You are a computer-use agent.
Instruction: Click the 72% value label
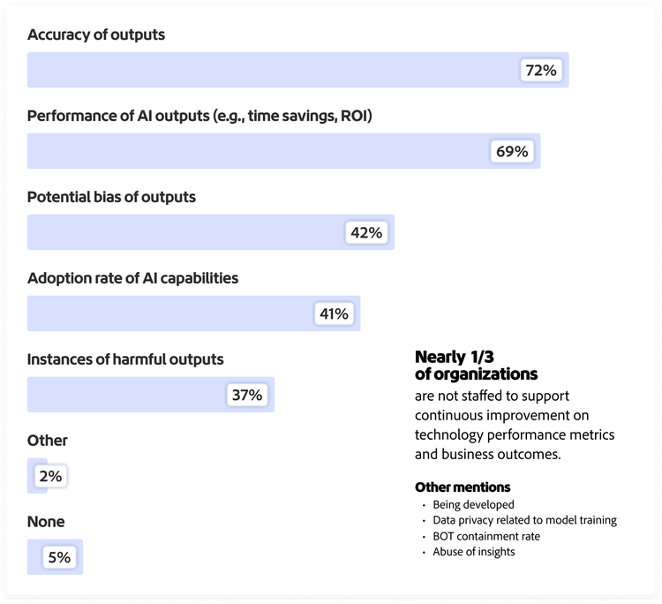pos(540,71)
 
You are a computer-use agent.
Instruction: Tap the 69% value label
pos(512,152)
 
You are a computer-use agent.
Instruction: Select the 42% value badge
pos(365,233)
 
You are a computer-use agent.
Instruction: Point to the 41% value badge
pos(333,313)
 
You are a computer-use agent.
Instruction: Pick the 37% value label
pos(246,395)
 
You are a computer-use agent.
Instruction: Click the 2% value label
pos(49,476)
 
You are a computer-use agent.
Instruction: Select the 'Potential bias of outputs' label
pos(111,197)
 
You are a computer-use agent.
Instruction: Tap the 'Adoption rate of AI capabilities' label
pos(132,278)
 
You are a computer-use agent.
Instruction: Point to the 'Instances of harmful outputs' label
pos(125,359)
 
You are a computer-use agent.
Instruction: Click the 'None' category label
pos(46,522)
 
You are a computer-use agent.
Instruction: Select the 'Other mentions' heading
pos(463,487)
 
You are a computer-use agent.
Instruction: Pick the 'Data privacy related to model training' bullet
pos(524,520)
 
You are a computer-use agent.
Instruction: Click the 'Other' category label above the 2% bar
pos(48,441)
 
